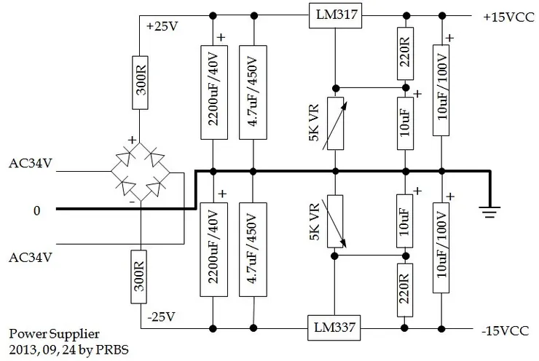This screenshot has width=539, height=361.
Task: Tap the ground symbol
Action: tap(490, 210)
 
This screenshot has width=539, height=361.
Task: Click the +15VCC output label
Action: tap(508, 16)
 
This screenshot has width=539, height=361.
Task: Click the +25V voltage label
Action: tap(162, 27)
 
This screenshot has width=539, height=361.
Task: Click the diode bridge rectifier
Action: tap(142, 172)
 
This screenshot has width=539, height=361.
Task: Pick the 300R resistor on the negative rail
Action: tap(141, 274)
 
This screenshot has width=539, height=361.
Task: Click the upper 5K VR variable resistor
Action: tap(334, 123)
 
